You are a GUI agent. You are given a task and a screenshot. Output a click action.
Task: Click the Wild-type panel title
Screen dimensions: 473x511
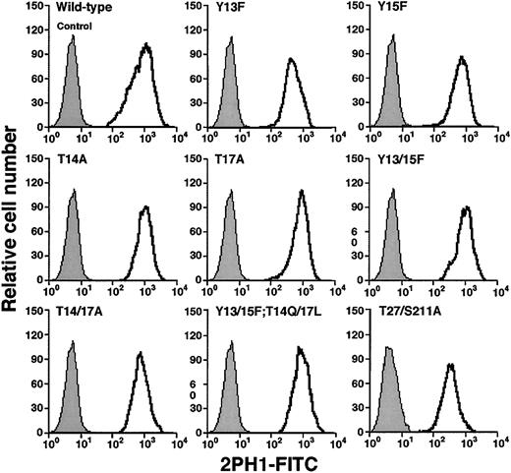click(81, 10)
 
